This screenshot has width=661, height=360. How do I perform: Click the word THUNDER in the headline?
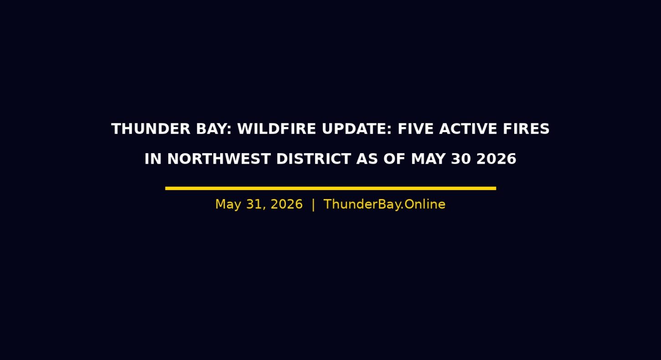pyautogui.click(x=151, y=129)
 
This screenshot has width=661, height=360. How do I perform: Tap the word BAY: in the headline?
pyautogui.click(x=214, y=129)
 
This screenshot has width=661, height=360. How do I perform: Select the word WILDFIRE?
pyautogui.click(x=277, y=129)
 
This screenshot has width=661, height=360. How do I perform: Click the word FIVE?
pyautogui.click(x=416, y=129)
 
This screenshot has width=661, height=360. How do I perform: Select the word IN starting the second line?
pyautogui.click(x=153, y=159)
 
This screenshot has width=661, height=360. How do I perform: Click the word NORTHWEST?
pyautogui.click(x=219, y=159)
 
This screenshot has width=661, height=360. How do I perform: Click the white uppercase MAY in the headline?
pyautogui.click(x=428, y=159)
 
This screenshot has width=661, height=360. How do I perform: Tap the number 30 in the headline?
pyautogui.click(x=461, y=159)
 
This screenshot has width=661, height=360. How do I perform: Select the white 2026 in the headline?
pyautogui.click(x=496, y=159)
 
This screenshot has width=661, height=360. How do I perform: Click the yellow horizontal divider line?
pyautogui.click(x=330, y=188)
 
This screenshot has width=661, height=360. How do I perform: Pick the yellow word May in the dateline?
pyautogui.click(x=228, y=205)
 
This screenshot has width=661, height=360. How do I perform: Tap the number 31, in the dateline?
pyautogui.click(x=256, y=205)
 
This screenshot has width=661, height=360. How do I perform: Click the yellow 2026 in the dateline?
pyautogui.click(x=287, y=205)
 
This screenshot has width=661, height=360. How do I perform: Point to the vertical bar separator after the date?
pyautogui.click(x=313, y=205)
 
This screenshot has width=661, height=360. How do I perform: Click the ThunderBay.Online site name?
pyautogui.click(x=384, y=205)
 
